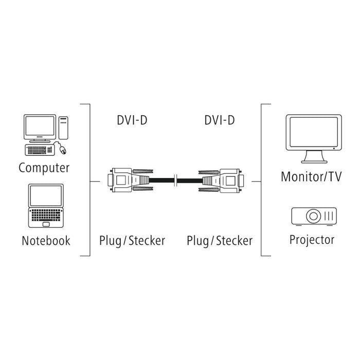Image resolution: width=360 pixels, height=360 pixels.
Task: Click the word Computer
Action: pos(44,168)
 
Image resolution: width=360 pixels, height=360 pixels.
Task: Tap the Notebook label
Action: pos(46,240)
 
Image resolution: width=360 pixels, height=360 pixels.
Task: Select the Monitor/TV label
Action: pos(311,177)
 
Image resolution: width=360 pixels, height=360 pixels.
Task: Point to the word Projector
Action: pos(312,239)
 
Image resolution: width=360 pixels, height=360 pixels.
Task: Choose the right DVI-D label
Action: pos(220,120)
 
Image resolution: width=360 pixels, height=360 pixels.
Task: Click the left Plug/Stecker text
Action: pos(132,240)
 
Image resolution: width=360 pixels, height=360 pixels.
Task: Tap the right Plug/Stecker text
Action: pos(220,240)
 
